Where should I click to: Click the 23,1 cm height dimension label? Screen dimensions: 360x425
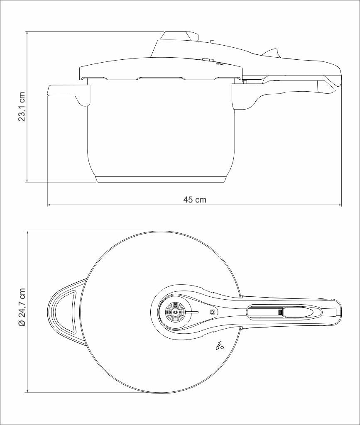pos(22,107)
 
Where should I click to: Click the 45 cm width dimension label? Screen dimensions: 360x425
pos(195,200)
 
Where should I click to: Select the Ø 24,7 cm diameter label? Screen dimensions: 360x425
pos(22,307)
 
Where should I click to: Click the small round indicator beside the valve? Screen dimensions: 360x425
pos(212,312)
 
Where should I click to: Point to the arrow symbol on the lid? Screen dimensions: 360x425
pos(218,345)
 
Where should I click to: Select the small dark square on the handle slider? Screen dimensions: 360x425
pos(280,312)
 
